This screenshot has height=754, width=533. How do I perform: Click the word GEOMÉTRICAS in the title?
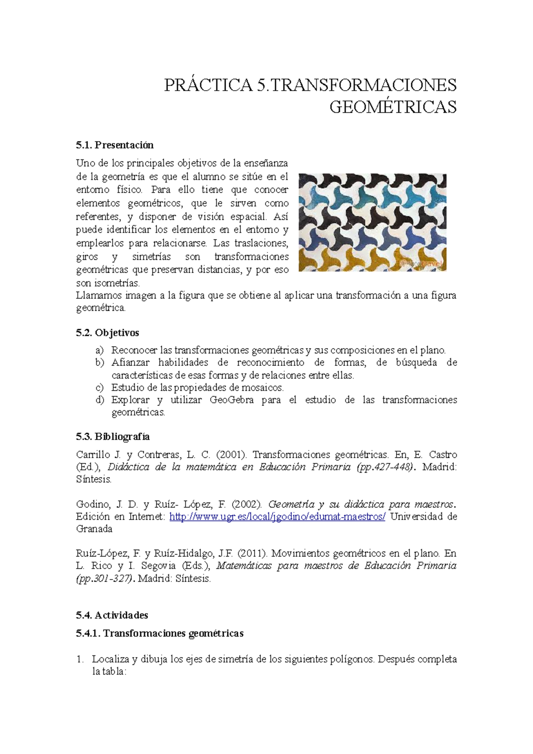393,107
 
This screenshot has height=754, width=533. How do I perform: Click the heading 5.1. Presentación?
115,145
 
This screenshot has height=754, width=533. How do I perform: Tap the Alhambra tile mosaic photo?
372,222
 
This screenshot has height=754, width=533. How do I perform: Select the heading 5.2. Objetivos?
107,333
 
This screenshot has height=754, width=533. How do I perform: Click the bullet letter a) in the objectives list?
99,350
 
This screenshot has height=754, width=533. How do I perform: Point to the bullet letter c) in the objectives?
99,387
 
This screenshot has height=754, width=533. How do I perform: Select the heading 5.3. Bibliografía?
113,437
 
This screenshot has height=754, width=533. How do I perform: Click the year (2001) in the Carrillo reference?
231,455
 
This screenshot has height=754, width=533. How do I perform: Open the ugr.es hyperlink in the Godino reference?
278,516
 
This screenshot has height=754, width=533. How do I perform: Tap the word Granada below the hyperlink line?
94,529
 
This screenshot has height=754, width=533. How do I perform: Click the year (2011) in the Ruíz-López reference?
252,553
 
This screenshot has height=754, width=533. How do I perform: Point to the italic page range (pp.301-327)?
105,579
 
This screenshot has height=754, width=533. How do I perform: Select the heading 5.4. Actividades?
112,615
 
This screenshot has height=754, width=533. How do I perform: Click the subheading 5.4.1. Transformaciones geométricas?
160,633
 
